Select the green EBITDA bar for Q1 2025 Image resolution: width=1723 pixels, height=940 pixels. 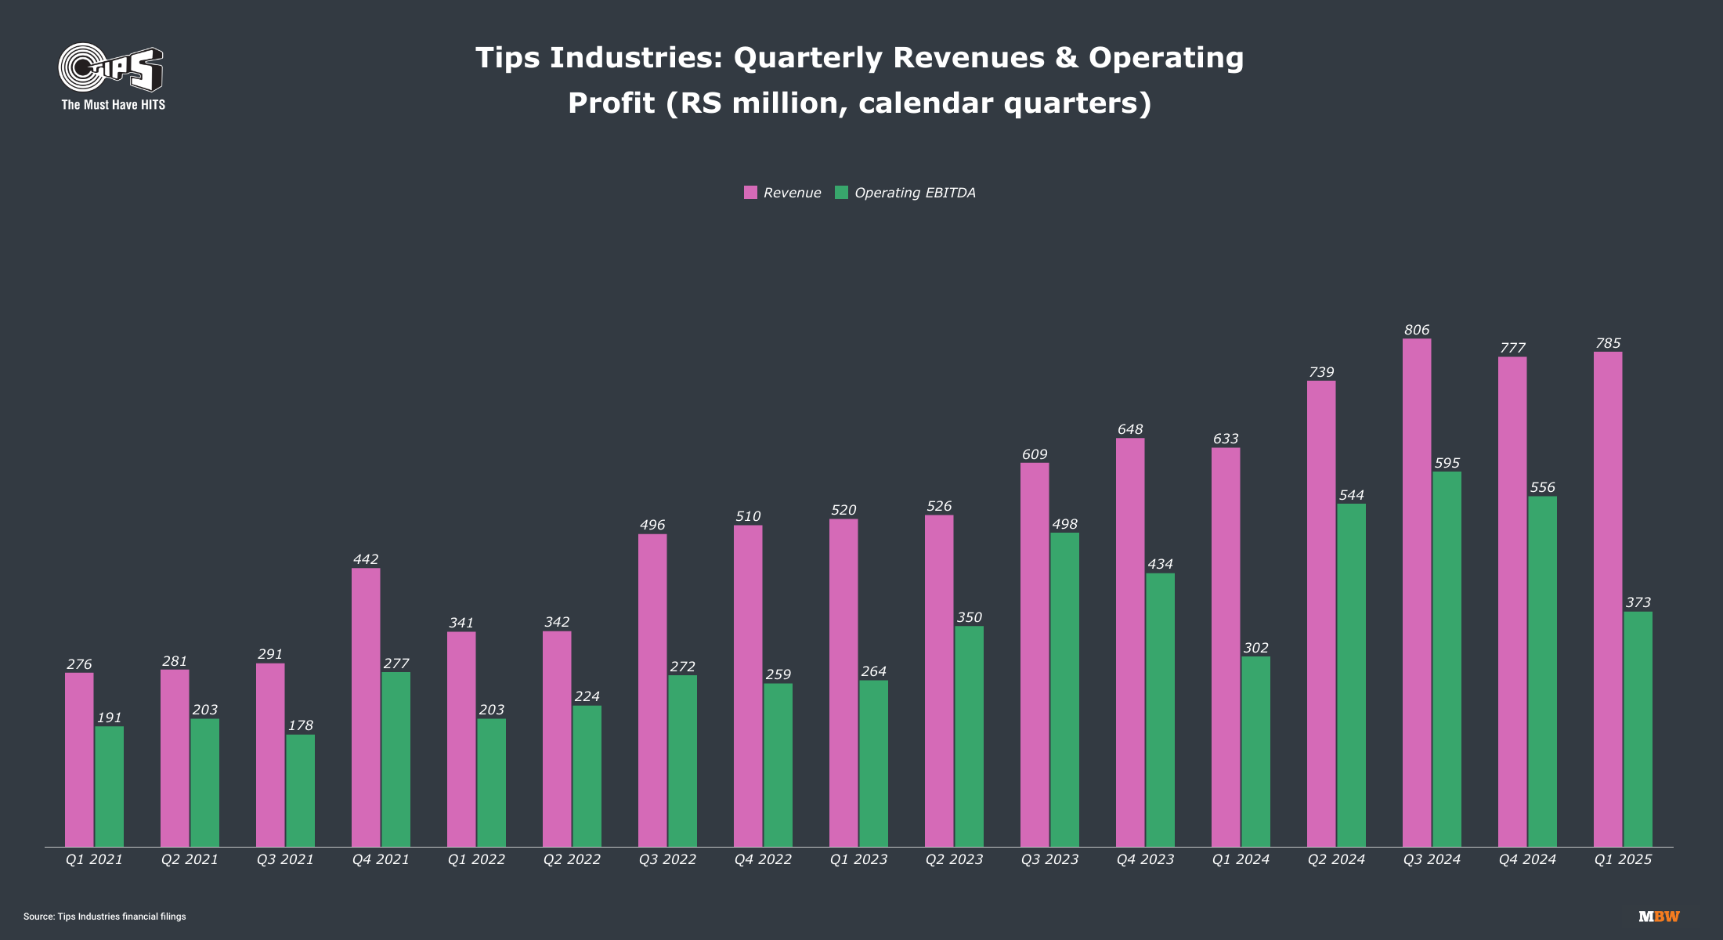1638,728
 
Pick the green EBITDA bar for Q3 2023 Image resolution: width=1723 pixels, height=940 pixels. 1064,689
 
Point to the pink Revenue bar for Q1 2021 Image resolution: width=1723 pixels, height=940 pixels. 79,759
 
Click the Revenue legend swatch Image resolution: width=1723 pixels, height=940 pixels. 750,193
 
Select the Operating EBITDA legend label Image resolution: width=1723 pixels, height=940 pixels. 915,193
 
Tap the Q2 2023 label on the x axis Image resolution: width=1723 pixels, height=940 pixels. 954,859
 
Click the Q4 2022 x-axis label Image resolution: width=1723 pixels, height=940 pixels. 763,859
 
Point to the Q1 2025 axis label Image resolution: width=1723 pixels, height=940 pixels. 1623,859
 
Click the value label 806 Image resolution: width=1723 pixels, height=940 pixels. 1417,331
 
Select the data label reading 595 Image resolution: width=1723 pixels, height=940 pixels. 1447,464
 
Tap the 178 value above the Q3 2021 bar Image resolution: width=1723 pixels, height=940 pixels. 301,726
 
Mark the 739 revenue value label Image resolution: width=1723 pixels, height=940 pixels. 1321,373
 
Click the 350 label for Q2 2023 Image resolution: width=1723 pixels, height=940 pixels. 969,618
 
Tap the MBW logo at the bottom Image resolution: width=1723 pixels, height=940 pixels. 1659,916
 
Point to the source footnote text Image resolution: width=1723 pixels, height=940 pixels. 105,916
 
